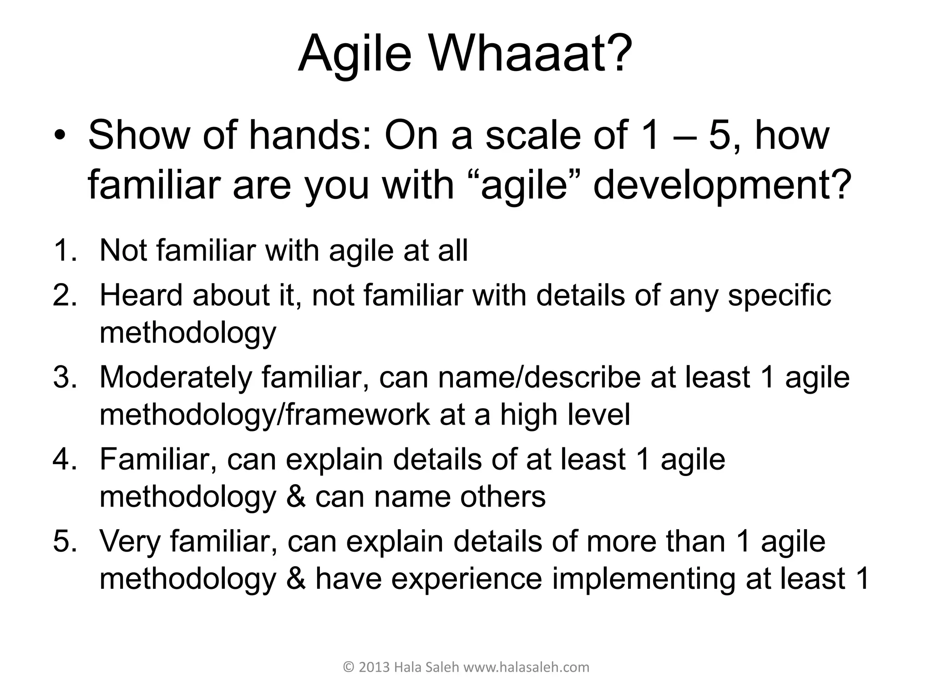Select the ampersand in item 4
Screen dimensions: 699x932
296,496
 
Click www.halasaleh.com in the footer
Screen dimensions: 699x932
526,667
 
